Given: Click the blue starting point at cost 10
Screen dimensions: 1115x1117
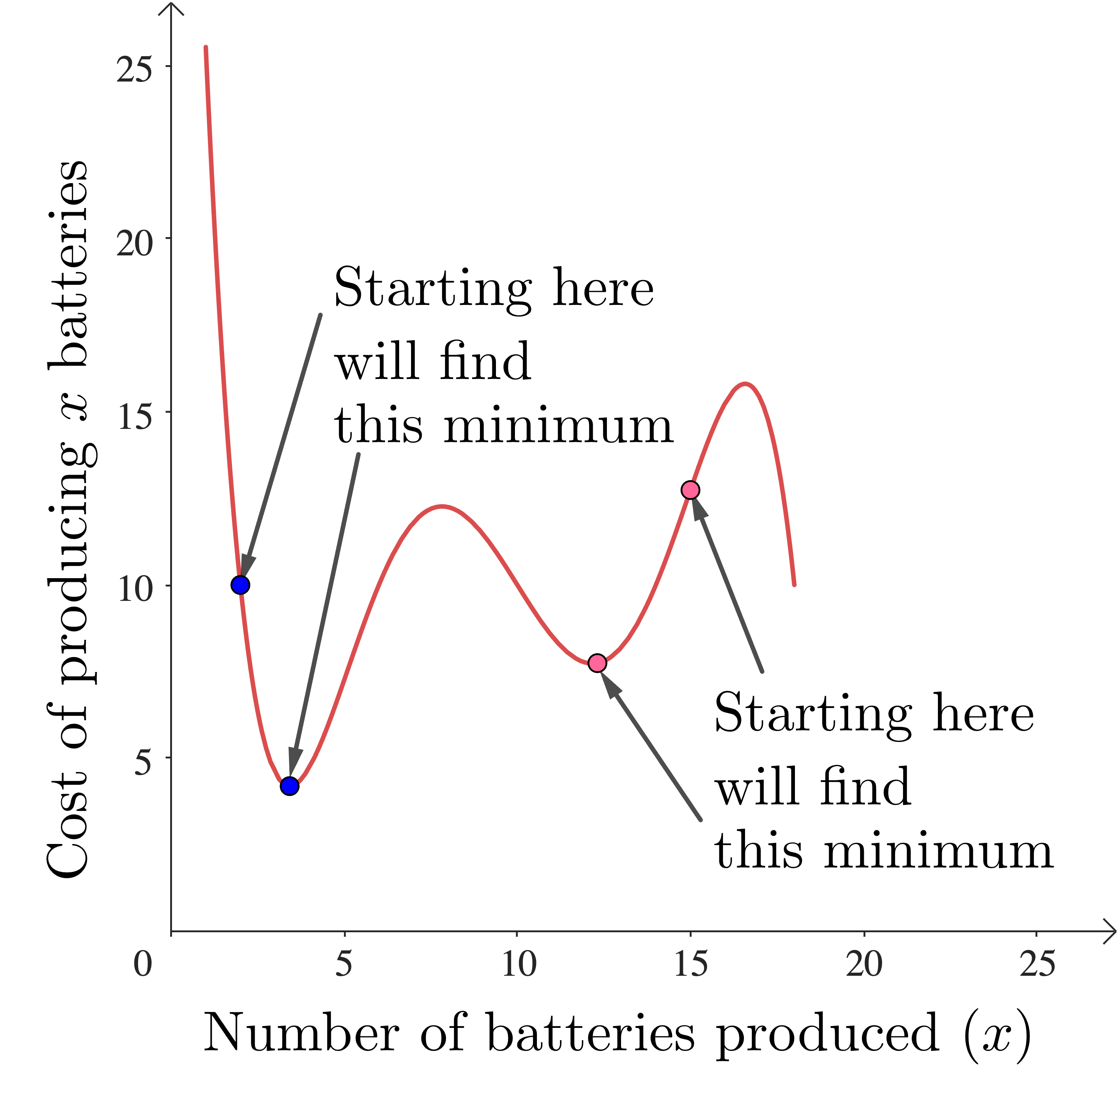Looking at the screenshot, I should [240, 585].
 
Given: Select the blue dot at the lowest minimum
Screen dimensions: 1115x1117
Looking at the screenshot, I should [290, 786].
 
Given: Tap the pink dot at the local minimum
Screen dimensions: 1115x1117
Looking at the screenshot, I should [597, 663].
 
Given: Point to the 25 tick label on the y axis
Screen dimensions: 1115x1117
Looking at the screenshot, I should [134, 69].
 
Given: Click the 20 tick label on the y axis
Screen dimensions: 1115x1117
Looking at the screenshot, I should [134, 243].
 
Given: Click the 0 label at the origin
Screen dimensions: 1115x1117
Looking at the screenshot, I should [143, 963].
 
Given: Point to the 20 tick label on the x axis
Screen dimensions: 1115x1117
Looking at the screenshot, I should [864, 963].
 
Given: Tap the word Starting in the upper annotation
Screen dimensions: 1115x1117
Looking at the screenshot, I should [432, 289].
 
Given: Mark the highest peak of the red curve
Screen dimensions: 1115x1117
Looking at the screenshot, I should [746, 384].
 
